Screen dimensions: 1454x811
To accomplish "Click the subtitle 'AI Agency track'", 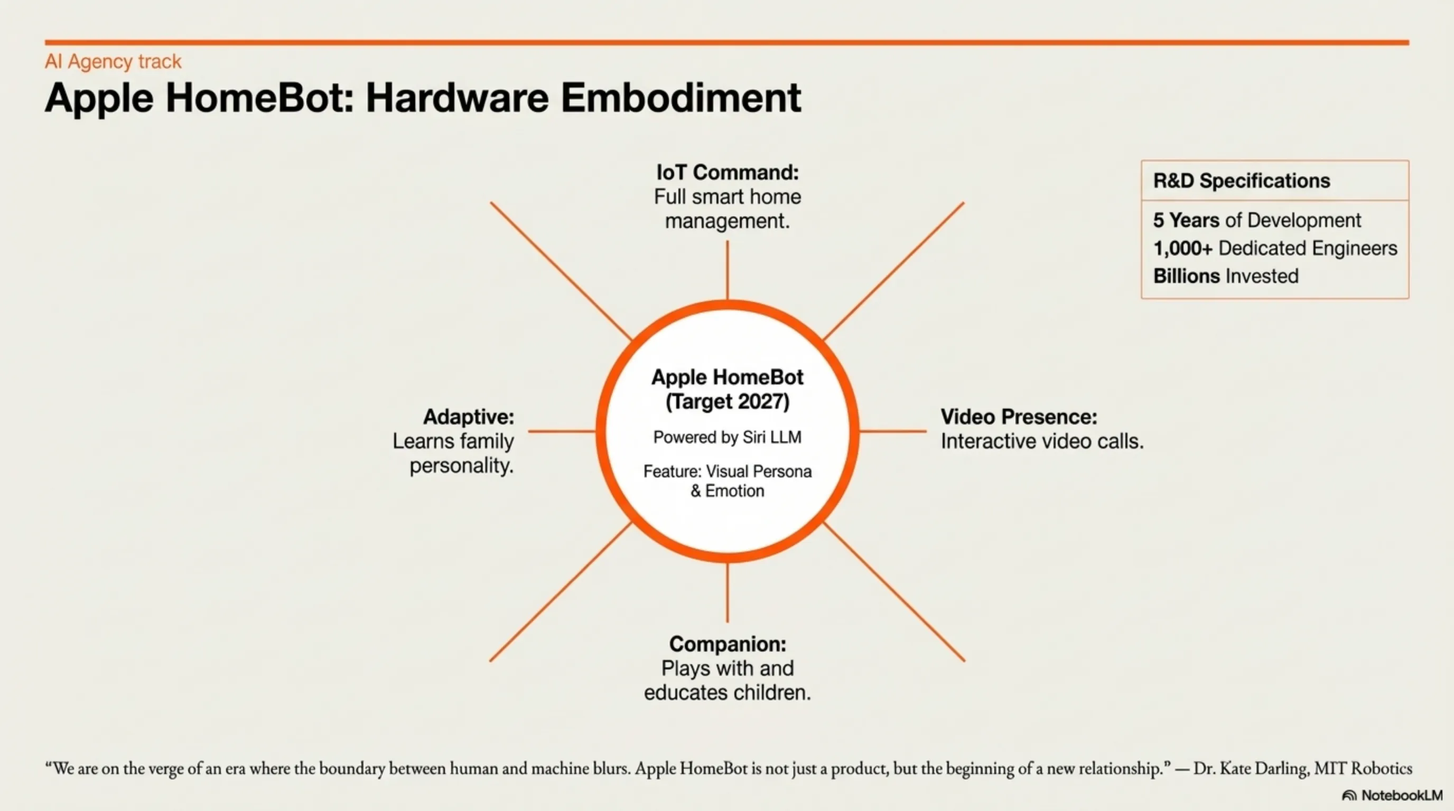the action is [x=113, y=61].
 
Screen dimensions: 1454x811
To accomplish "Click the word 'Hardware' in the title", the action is [x=456, y=98].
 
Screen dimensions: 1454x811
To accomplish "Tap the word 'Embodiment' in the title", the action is [x=681, y=98].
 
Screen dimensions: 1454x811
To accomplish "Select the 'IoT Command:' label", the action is [x=728, y=172].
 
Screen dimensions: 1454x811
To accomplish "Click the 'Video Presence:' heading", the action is [x=1019, y=417].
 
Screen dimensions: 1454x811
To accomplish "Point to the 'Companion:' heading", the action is [x=728, y=644].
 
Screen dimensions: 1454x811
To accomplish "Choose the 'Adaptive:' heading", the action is [x=469, y=417].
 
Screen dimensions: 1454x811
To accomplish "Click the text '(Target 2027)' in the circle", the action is [x=728, y=402].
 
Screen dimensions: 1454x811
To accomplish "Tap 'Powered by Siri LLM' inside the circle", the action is [x=728, y=437].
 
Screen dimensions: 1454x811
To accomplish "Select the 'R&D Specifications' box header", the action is [x=1242, y=181].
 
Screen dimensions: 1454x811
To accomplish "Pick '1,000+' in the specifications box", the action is [x=1183, y=248].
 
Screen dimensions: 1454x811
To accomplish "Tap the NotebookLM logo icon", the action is [x=1349, y=795].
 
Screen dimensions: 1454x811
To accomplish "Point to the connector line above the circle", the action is [x=728, y=270].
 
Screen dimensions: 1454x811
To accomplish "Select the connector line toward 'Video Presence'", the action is [x=892, y=431].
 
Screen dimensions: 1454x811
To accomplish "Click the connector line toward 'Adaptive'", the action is [x=562, y=431].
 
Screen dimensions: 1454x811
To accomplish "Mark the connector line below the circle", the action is [x=728, y=592].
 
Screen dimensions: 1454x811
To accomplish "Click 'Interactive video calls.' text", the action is [x=1042, y=441].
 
